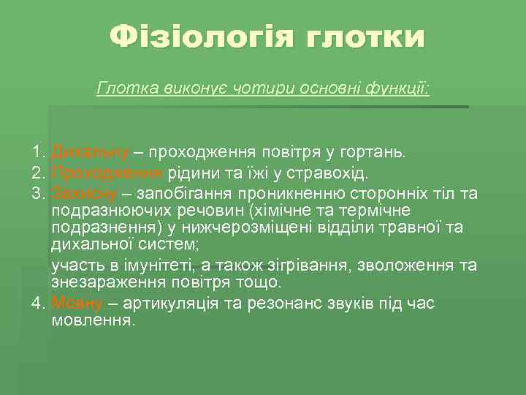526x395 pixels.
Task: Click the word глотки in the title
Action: (x=365, y=37)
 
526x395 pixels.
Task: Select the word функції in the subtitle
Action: (x=401, y=89)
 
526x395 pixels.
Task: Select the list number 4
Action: (x=38, y=303)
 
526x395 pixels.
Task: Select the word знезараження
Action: (x=98, y=282)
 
